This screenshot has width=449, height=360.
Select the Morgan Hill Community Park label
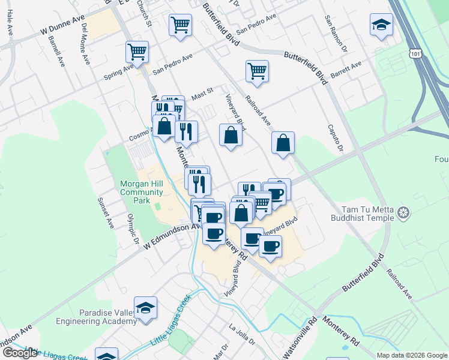click(x=142, y=192)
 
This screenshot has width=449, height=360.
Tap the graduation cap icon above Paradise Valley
click(x=146, y=308)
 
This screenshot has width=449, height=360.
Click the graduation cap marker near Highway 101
click(x=381, y=25)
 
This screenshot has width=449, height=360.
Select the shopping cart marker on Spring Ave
click(x=137, y=52)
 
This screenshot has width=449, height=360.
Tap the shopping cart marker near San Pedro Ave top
click(x=181, y=26)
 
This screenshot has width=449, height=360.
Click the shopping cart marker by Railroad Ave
click(x=257, y=71)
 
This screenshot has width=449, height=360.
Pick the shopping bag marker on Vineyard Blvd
click(x=231, y=135)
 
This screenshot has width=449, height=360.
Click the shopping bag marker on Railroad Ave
click(x=283, y=143)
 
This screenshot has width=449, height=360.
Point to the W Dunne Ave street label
click(x=63, y=28)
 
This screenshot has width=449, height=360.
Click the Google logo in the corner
click(x=20, y=353)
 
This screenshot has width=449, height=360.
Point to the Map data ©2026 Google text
click(x=411, y=355)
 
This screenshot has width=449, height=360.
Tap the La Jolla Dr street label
click(x=243, y=335)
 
